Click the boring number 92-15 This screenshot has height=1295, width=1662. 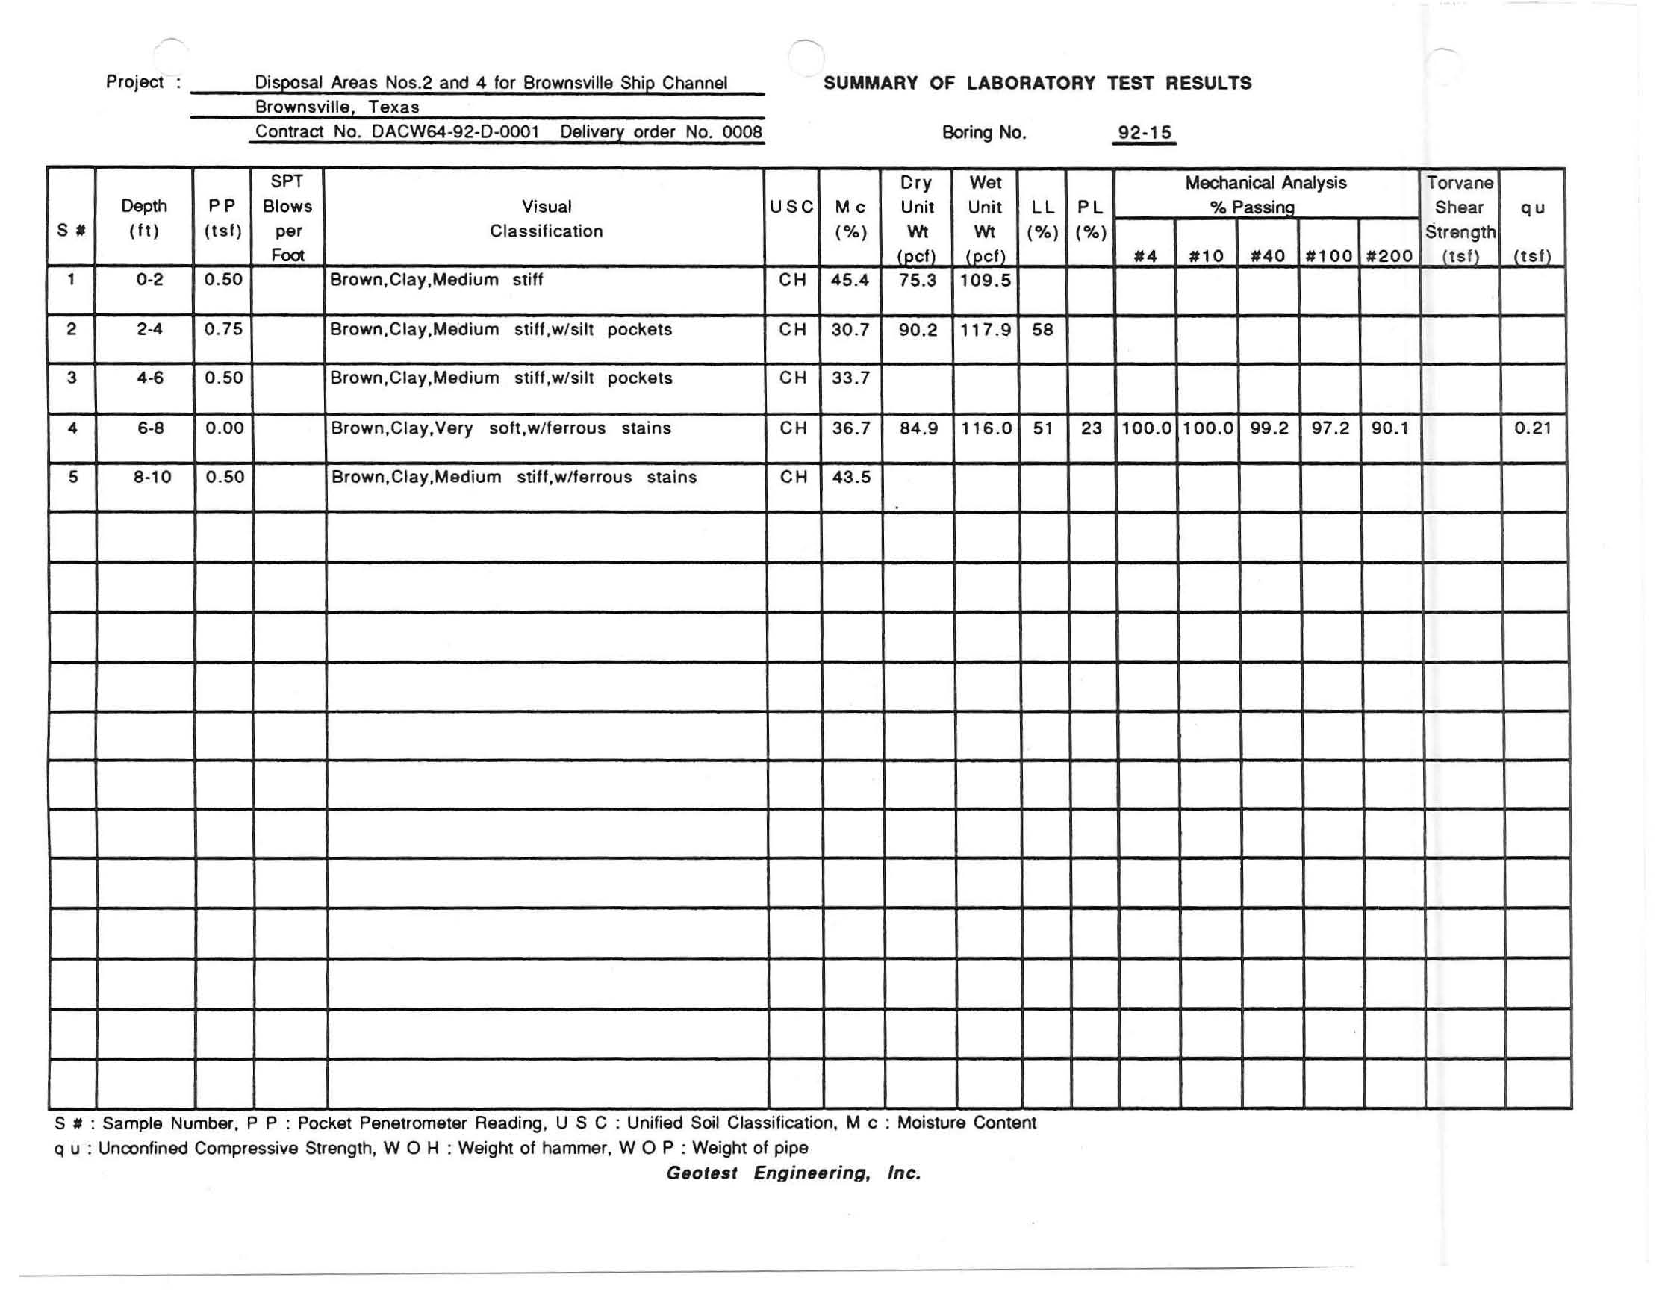click(1144, 132)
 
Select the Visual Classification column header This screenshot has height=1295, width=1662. click(546, 219)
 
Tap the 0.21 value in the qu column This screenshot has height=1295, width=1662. click(1532, 428)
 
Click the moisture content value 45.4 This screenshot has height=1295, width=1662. click(849, 280)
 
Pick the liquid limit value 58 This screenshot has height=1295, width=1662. click(1042, 329)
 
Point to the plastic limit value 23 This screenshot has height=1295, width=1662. click(1091, 428)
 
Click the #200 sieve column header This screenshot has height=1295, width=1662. click(1389, 257)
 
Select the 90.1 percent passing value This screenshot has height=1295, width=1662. click(1389, 428)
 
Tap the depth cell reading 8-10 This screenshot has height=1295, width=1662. click(152, 477)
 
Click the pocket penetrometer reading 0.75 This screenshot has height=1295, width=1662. click(223, 329)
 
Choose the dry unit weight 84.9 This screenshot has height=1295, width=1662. click(918, 428)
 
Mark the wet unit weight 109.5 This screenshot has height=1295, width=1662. click(985, 280)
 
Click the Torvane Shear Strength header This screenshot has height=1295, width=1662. click(1459, 219)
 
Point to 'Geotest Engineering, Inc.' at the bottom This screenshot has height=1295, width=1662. click(793, 1173)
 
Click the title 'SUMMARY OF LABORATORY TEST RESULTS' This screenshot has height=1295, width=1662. click(1037, 83)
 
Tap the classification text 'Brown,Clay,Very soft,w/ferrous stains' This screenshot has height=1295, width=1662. click(501, 428)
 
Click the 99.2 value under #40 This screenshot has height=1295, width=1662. click(1269, 428)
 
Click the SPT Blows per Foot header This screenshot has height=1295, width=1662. click(287, 219)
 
